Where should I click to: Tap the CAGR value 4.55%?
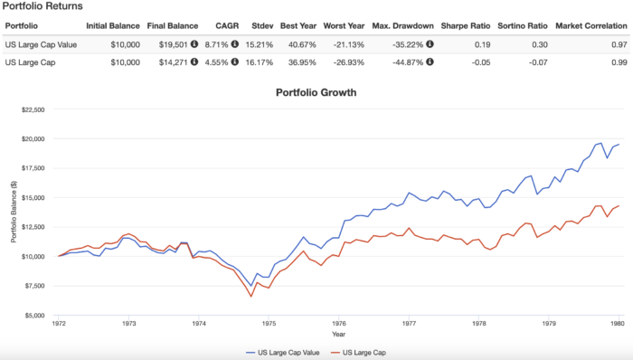tap(216, 61)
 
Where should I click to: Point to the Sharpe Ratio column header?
tap(466, 24)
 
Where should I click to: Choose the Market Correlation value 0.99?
tap(618, 61)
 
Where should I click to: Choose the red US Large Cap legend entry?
tap(363, 352)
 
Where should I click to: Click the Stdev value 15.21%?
tap(263, 43)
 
